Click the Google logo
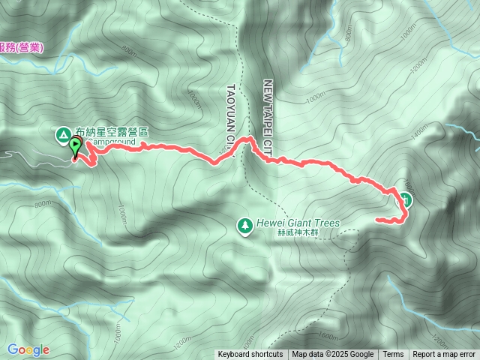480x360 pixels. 28,349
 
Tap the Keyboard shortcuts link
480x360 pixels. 250,355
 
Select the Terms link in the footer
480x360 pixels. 393,355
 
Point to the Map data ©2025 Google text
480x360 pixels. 333,355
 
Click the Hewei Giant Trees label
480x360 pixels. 298,223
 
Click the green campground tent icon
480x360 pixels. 62,133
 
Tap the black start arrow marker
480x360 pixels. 76,148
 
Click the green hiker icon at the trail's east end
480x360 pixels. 405,199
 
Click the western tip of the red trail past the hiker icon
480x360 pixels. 377,220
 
